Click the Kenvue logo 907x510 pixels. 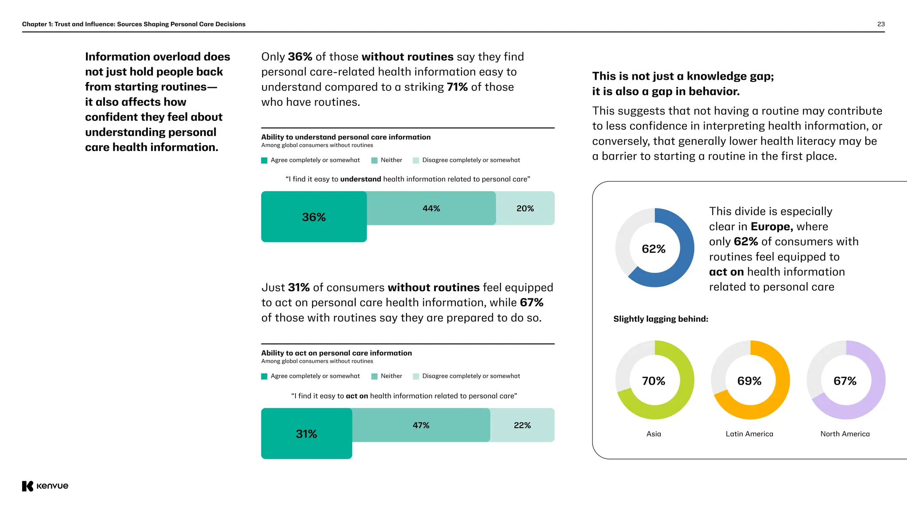[45, 486]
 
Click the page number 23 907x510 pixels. [881, 24]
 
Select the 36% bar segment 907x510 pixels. [314, 216]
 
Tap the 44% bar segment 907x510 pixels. [431, 208]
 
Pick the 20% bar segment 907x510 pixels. [525, 208]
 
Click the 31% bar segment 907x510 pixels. [306, 433]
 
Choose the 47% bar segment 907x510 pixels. [421, 425]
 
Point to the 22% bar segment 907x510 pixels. [522, 425]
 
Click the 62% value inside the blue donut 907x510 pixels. [654, 249]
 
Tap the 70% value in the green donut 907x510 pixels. [654, 381]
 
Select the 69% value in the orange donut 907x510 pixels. [749, 381]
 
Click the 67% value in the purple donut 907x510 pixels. [845, 381]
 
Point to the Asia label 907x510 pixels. [654, 434]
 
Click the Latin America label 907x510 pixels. [749, 434]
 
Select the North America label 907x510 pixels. [845, 434]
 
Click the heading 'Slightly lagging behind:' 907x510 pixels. [661, 319]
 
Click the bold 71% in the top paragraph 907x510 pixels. [457, 87]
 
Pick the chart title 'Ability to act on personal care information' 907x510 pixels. [337, 353]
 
